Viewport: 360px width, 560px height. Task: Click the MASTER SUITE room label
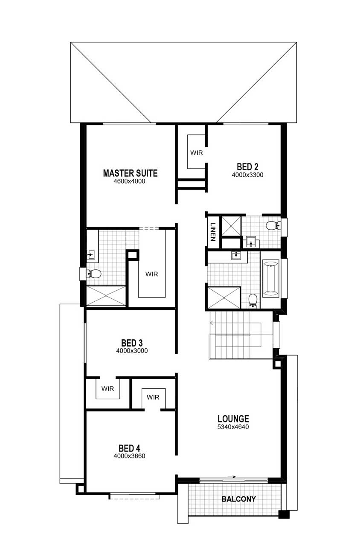point(130,173)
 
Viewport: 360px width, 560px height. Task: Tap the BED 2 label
point(247,167)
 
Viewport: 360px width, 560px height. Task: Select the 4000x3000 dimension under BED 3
point(132,351)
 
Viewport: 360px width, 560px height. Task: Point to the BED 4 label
point(129,448)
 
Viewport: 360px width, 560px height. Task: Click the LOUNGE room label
point(233,419)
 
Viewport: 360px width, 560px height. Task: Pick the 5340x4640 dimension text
point(233,427)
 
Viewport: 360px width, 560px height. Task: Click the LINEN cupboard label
point(213,232)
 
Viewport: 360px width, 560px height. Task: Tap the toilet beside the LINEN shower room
point(273,225)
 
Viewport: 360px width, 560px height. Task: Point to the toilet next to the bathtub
point(253,301)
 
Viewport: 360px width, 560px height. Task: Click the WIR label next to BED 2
point(196,152)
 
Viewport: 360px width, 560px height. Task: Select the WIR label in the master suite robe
point(152,274)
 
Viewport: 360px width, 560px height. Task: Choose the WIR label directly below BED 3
point(107,388)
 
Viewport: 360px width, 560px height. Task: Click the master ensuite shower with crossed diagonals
point(106,296)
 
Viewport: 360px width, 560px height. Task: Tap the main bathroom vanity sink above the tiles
point(235,256)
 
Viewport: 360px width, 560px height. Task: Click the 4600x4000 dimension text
point(129,181)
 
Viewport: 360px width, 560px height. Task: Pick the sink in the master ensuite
point(90,255)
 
